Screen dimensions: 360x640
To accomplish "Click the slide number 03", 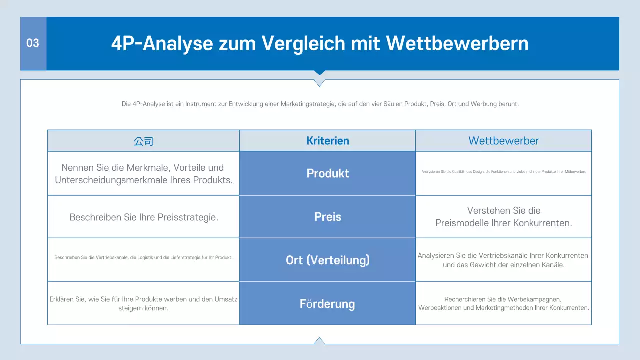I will point(33,43).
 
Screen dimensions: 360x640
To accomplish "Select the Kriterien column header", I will point(328,141).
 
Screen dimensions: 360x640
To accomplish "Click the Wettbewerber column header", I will point(504,141).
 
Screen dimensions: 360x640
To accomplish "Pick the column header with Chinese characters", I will point(143,141).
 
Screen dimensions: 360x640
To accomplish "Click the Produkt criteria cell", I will point(328,173).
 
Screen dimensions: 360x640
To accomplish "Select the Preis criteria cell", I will point(328,217).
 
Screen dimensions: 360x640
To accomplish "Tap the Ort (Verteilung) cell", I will point(328,260).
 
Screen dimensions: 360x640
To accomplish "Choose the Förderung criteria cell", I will point(328,304).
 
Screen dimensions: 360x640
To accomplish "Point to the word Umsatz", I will point(225,299).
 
